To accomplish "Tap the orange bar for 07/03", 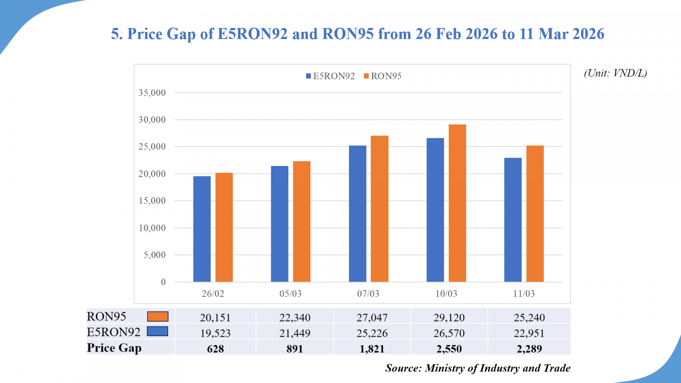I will pos(379,209).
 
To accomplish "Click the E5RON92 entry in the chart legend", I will pos(330,76).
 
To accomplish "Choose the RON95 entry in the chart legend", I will pos(383,76).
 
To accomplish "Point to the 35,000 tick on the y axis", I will pos(152,93).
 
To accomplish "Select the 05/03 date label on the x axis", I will pos(290,294).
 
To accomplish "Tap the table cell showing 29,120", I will pos(449,317).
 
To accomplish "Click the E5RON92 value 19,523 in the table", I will pos(215,333).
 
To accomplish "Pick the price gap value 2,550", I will pos(449,349).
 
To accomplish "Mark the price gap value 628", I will pos(215,349).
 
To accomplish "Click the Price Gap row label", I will pos(114,348).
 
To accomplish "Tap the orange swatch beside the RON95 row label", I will pos(157,317).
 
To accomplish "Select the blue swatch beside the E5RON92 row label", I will pos(157,332).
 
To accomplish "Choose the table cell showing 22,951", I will pos(529,333).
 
